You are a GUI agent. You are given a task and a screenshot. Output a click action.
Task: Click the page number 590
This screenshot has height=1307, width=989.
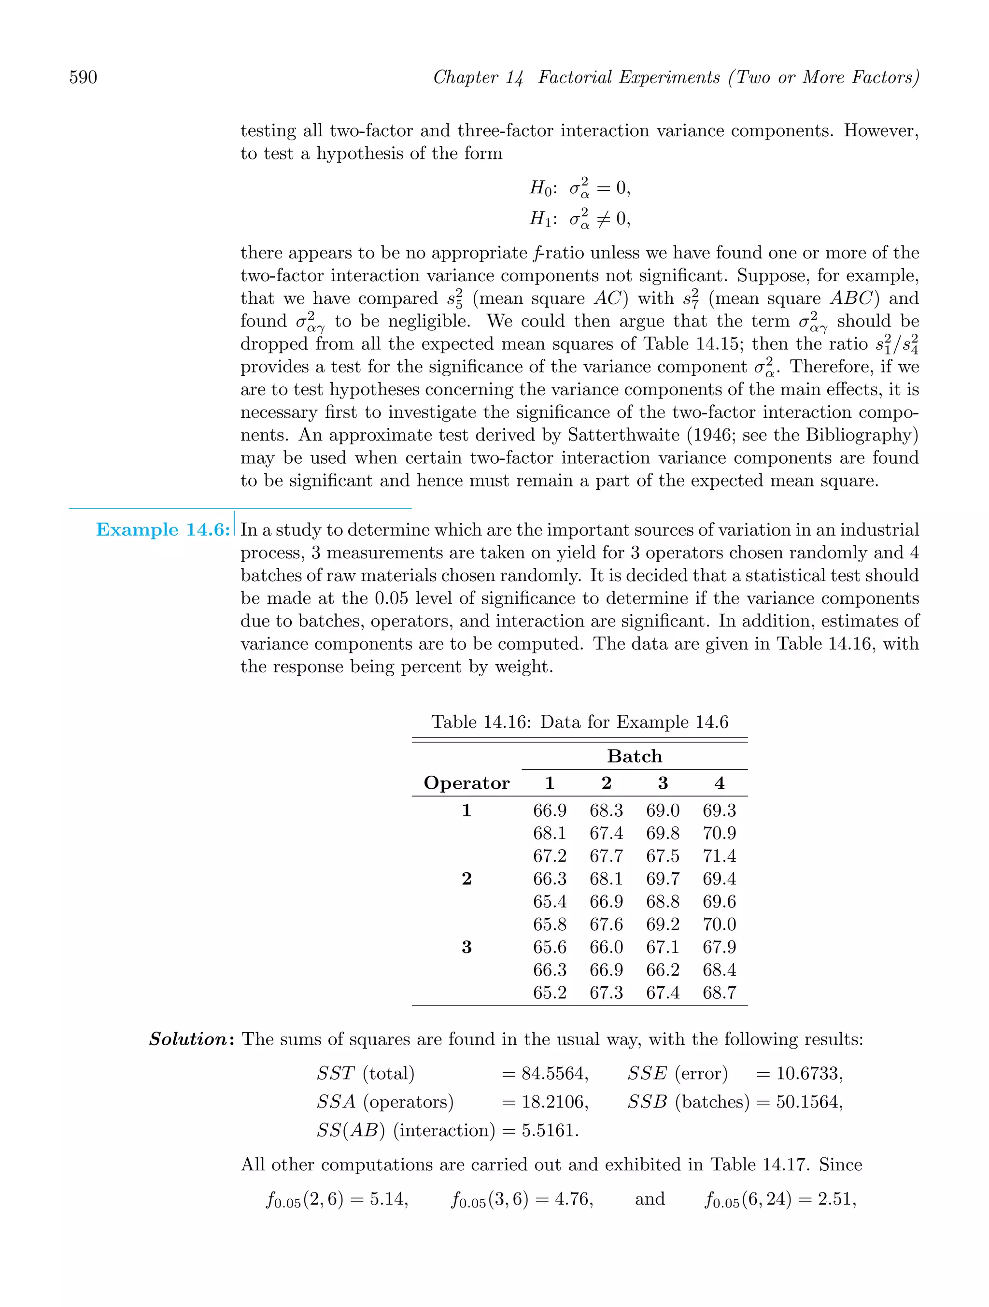84,77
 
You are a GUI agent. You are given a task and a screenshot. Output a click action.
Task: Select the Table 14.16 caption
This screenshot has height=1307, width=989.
579,722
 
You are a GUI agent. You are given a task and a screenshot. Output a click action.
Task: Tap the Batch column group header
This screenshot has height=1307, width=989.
635,756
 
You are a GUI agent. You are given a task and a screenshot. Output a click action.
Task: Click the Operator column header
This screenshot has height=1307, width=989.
466,783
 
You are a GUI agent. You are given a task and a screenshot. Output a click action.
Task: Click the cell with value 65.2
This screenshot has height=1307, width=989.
549,993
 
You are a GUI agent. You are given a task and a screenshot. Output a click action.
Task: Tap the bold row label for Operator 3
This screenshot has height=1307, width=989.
466,947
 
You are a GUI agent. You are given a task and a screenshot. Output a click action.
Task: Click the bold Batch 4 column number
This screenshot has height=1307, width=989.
719,783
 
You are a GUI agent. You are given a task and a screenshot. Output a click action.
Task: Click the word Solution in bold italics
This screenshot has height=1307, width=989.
188,1039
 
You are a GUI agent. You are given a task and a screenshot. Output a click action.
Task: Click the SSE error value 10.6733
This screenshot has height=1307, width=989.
809,1074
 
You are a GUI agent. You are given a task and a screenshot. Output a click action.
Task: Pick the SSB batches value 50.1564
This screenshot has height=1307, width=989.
809,1102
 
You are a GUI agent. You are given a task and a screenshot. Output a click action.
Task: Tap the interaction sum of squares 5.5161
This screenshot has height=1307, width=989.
550,1130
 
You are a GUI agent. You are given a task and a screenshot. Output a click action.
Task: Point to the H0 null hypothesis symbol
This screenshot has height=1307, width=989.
540,188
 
